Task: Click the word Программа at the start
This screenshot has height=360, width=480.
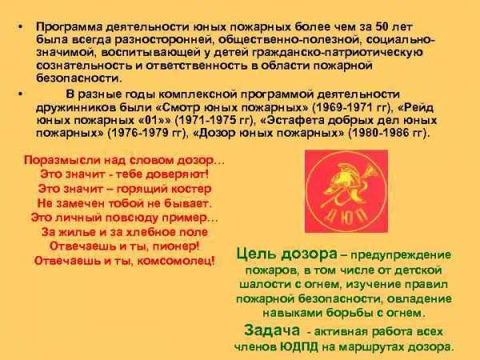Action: click(x=69, y=27)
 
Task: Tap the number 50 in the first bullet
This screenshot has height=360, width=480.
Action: click(x=382, y=26)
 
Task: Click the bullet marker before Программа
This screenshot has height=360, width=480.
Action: click(x=21, y=27)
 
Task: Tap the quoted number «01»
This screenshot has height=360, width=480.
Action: click(x=155, y=120)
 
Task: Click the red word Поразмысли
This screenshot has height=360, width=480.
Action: click(x=62, y=161)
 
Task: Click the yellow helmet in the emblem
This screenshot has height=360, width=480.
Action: click(x=342, y=178)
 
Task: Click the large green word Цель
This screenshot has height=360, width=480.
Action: click(x=256, y=254)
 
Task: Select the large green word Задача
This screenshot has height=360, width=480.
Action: click(x=272, y=330)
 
